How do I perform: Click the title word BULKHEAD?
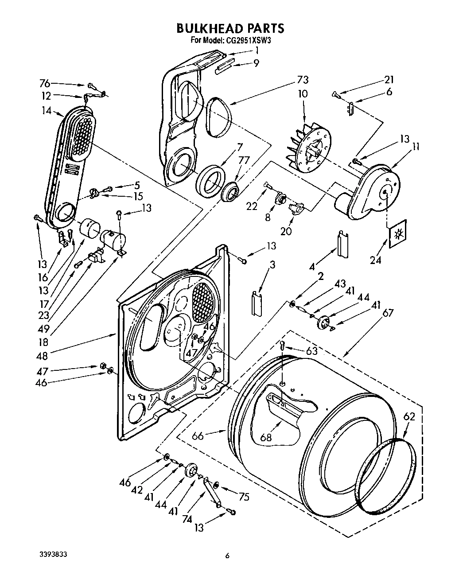205,28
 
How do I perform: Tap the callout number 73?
303,80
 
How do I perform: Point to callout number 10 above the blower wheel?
303,94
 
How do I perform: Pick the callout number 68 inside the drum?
265,438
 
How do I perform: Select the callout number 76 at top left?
45,83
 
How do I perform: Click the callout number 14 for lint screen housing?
47,111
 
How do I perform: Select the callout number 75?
243,497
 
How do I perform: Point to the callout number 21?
389,80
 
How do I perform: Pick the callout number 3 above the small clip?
272,265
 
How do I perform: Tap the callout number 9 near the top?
256,63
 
